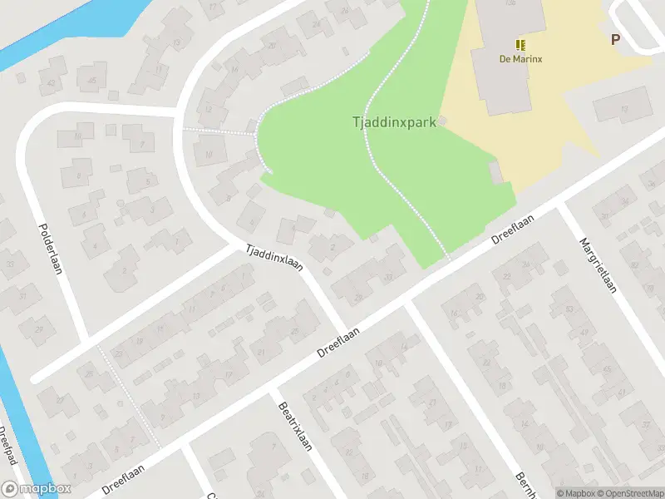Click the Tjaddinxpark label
tap(394, 122)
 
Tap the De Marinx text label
tap(520, 58)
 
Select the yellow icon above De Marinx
tap(520, 44)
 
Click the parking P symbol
tap(616, 39)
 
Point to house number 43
tap(52, 83)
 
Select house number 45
tap(92, 80)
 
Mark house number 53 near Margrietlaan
tap(569, 309)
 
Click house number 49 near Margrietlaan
tap(584, 333)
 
